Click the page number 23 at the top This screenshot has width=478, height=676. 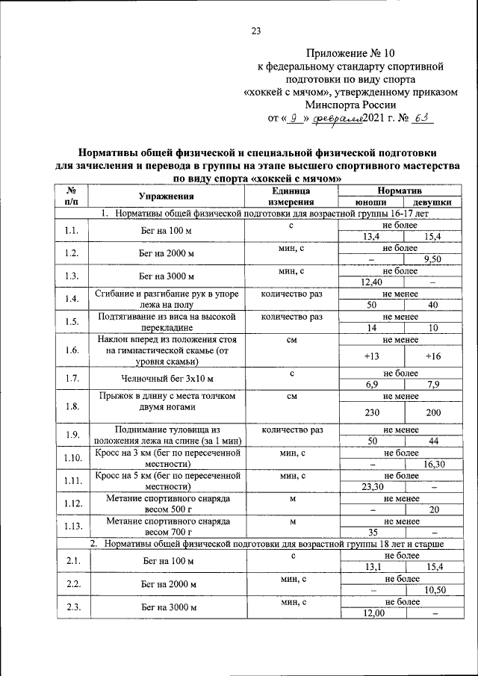256,31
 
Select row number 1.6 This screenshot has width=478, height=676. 72,350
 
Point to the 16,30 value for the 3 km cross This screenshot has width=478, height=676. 433,464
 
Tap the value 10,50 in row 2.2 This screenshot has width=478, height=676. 433,589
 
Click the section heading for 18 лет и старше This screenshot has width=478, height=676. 273,544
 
